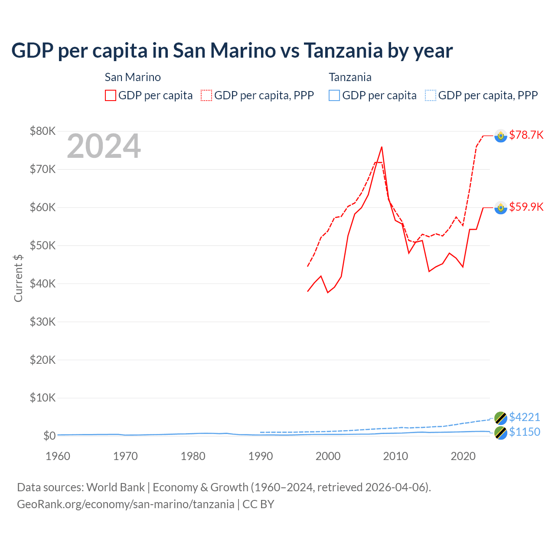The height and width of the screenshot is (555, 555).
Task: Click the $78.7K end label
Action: (x=526, y=135)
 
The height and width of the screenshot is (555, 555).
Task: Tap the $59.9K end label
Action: (x=526, y=207)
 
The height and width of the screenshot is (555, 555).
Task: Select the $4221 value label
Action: (x=525, y=417)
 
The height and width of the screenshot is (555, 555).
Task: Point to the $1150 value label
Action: (x=525, y=432)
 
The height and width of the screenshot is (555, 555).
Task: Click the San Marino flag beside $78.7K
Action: (x=501, y=136)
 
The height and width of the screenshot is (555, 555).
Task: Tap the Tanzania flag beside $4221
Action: (x=501, y=418)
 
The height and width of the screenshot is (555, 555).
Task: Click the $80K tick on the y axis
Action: (x=42, y=131)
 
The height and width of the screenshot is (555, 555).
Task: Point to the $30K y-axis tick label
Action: (x=42, y=322)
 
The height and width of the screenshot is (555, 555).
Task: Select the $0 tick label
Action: (x=49, y=436)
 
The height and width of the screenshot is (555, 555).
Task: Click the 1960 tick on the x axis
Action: (x=58, y=456)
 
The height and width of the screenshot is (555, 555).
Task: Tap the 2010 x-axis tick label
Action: (x=395, y=456)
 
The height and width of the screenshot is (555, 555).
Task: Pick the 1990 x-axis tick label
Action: (x=261, y=456)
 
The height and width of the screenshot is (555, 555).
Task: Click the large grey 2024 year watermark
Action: (x=104, y=146)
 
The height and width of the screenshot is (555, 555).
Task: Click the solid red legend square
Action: (x=111, y=95)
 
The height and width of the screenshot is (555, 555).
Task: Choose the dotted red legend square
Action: (x=206, y=95)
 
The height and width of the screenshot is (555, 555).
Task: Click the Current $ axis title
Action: (x=18, y=278)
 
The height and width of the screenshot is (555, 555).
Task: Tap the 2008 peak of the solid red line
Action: (x=382, y=147)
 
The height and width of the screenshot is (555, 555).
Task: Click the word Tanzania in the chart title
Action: (x=343, y=51)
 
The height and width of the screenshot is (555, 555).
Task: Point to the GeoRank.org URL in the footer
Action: (x=125, y=504)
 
